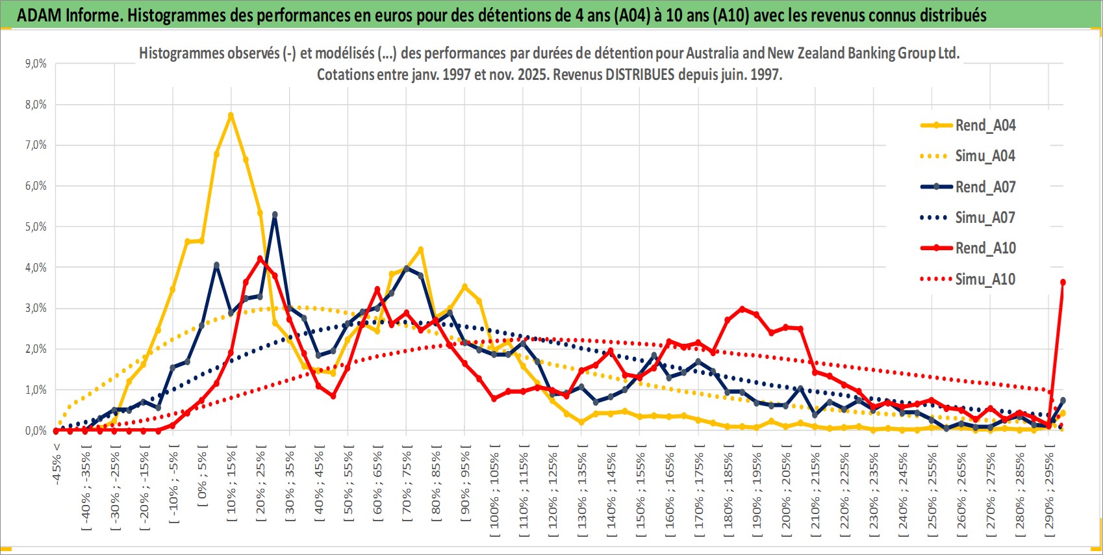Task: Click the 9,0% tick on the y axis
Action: [36, 64]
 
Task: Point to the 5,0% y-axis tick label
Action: [36, 227]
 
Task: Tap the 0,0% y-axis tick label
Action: [36, 431]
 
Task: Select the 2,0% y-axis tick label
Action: [36, 349]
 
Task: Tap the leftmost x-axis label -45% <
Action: [57, 465]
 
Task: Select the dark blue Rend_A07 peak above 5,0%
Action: [275, 214]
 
